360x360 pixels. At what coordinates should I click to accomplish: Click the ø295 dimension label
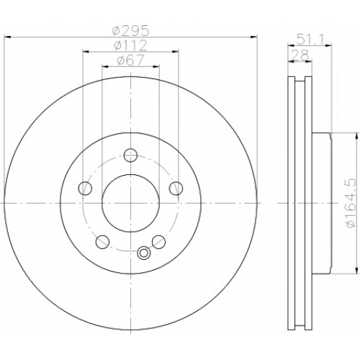point(131,30)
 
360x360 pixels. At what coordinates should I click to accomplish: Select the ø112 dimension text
point(130,45)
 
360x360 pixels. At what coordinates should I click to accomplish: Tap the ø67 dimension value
point(130,60)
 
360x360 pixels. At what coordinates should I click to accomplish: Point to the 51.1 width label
point(310,39)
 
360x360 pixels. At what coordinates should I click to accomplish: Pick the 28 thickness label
point(300,55)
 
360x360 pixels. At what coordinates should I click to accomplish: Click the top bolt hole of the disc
point(130,156)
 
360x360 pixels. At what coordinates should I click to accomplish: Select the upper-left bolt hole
point(85,188)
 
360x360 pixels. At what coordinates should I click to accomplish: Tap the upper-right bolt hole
point(176,188)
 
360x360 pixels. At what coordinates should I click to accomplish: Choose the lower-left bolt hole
point(102,242)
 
